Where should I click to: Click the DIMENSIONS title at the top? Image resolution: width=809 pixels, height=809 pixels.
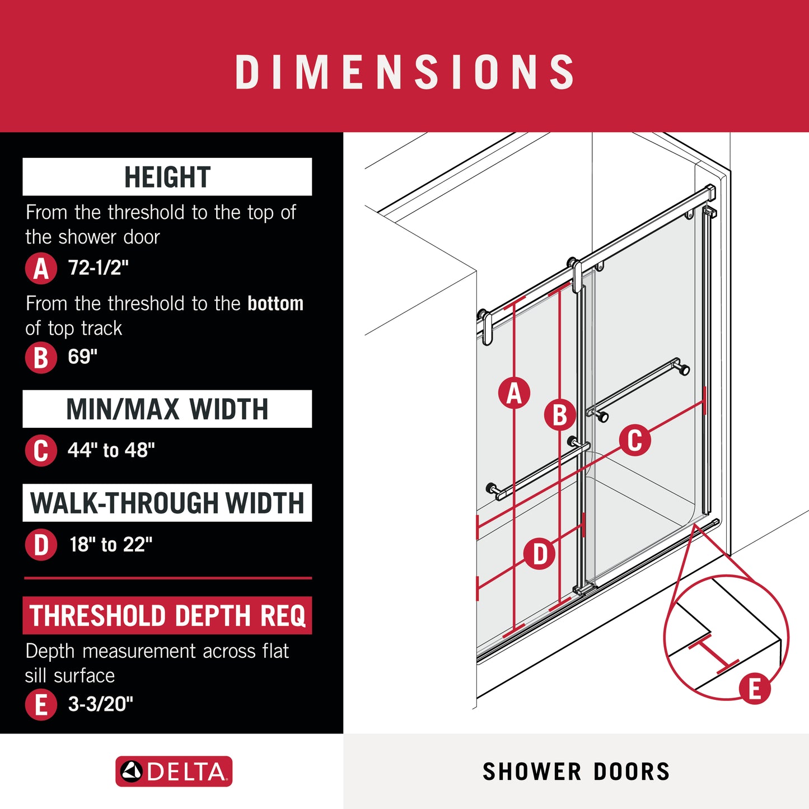coord(405,72)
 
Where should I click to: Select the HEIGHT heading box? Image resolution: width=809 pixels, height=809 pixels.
coord(167,177)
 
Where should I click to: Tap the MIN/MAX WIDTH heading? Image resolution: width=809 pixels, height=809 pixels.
coord(167,409)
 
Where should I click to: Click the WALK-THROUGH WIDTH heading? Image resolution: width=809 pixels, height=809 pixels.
coord(167,503)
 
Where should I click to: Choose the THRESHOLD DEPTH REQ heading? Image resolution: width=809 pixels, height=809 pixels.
coord(167,615)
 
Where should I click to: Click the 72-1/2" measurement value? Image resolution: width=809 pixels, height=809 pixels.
coord(99,268)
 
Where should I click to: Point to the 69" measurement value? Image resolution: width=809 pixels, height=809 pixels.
coord(83,357)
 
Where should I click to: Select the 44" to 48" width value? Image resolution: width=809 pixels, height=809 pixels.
coord(111,450)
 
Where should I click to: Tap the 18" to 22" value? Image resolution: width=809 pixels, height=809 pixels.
coord(111,544)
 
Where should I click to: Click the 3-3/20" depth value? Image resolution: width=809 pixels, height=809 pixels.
coord(101,704)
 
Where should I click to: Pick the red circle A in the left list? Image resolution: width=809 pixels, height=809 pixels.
coord(41,268)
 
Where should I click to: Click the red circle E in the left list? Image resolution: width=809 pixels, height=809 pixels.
coord(41,704)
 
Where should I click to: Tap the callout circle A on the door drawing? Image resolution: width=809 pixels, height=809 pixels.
coord(514,393)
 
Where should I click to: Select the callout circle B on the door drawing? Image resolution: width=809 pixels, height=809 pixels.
coord(560,415)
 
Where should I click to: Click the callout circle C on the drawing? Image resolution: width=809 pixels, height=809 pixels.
coord(635,440)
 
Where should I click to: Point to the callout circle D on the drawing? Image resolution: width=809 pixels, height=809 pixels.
coord(540,554)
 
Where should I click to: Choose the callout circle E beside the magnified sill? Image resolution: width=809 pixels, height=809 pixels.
coord(754,689)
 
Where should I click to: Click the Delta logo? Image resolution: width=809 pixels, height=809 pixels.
coord(174,771)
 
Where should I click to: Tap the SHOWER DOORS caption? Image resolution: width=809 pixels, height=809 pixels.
coord(576,771)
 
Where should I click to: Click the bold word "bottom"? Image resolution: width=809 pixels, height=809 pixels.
coord(275,303)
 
